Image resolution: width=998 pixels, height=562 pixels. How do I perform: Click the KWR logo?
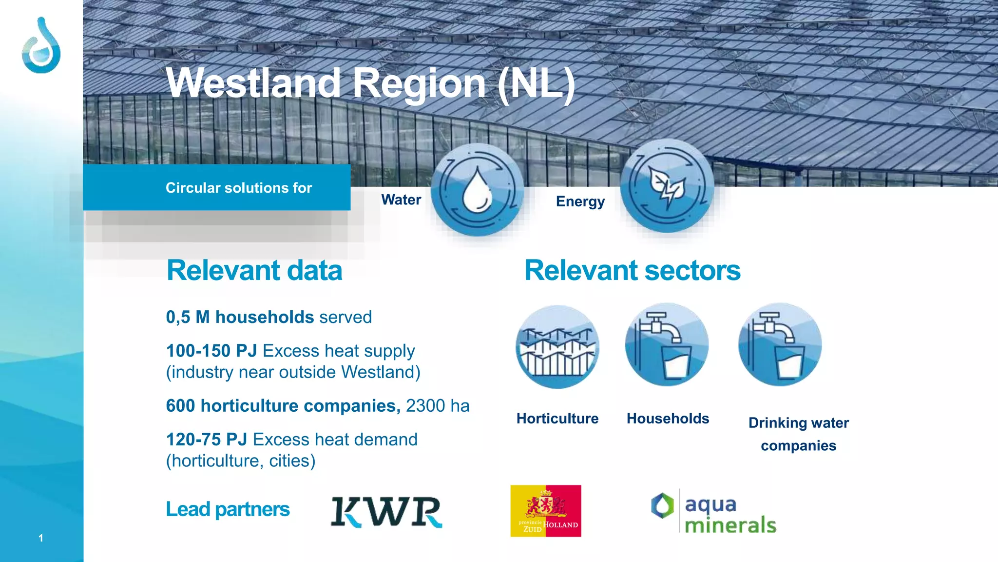(x=386, y=512)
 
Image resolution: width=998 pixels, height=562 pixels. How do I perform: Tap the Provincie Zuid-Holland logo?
(x=545, y=511)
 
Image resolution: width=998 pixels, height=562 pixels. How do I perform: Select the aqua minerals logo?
(x=713, y=513)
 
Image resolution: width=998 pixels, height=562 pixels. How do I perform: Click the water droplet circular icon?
(x=477, y=190)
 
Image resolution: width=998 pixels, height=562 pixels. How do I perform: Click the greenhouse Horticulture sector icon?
(x=557, y=347)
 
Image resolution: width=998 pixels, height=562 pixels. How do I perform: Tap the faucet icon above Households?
(x=667, y=345)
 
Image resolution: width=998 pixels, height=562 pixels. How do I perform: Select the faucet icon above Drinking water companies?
(x=780, y=345)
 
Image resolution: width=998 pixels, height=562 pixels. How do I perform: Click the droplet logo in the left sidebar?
(x=41, y=46)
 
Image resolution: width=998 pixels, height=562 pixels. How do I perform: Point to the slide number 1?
(x=41, y=538)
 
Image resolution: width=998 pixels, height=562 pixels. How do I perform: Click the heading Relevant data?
(x=254, y=270)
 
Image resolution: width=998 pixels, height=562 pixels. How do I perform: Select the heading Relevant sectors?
(x=632, y=270)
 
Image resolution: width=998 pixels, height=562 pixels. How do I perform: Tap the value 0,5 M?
(x=188, y=317)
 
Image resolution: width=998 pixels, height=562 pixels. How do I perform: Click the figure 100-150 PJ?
(x=211, y=351)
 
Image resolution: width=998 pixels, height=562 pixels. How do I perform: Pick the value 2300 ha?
(x=438, y=406)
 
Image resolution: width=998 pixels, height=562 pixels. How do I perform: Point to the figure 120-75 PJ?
(x=207, y=440)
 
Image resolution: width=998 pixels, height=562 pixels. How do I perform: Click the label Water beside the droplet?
(x=401, y=200)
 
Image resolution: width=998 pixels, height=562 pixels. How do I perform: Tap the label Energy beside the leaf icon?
(x=580, y=201)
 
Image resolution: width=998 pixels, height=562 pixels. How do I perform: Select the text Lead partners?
(x=228, y=509)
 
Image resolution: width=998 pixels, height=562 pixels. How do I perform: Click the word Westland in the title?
(x=253, y=83)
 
